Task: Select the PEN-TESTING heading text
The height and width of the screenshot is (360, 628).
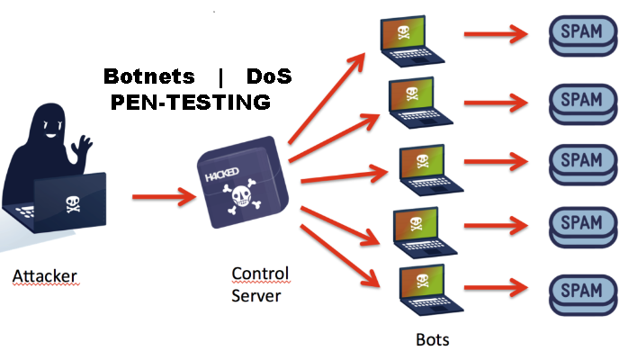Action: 190,103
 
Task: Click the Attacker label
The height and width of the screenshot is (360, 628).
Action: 45,275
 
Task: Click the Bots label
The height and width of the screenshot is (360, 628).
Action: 432,340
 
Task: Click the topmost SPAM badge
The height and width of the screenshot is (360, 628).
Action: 580,34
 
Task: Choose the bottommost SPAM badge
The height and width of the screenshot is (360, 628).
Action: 580,292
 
